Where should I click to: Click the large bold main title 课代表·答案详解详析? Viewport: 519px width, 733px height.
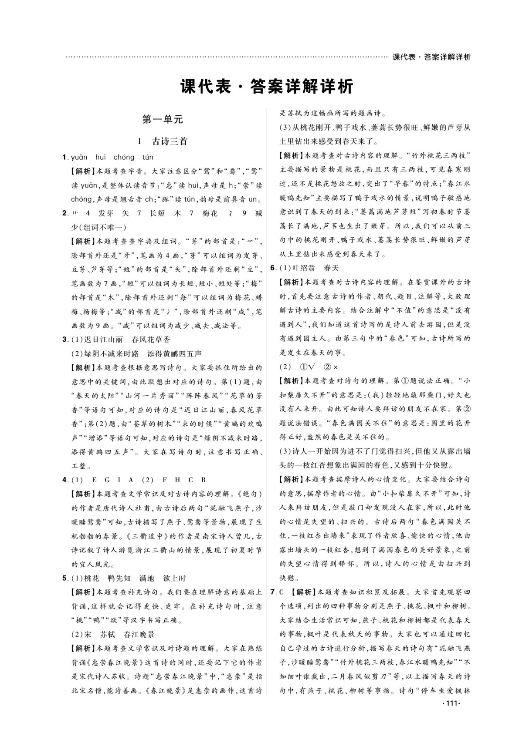point(267,87)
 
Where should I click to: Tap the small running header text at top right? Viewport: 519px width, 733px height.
point(431,57)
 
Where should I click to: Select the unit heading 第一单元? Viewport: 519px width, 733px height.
point(163,119)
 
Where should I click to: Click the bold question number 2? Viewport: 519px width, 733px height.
point(64,213)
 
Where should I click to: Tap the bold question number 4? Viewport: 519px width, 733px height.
point(64,480)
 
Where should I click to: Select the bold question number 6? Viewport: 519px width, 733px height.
point(273,268)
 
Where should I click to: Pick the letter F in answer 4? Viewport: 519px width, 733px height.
point(164,480)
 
